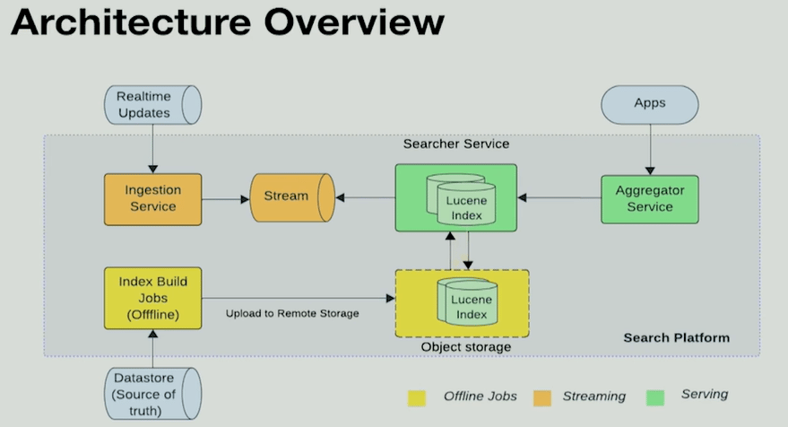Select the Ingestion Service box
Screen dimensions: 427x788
coord(152,198)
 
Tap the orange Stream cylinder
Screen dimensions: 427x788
coord(290,196)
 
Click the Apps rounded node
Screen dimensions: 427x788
coord(650,103)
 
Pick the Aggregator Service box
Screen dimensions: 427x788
coord(650,198)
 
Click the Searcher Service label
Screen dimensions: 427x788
coord(455,144)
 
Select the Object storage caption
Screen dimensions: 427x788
coord(465,347)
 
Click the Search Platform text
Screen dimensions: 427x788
coord(676,337)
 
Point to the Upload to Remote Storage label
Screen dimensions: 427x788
coord(292,313)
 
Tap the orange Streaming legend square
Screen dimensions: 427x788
coord(541,397)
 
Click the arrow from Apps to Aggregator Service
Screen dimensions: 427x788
coord(649,148)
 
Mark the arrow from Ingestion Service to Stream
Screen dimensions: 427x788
coord(226,198)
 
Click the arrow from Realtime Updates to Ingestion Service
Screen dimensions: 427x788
coord(152,148)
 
